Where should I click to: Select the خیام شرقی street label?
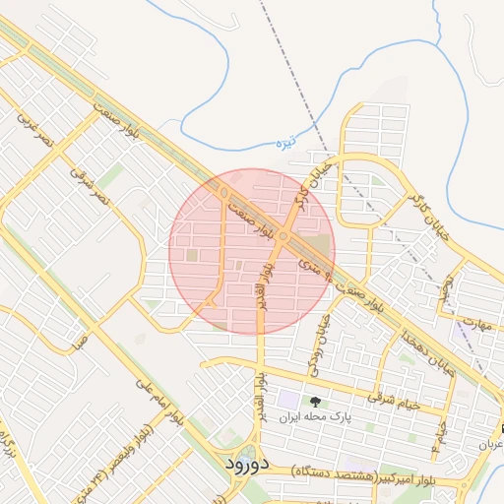click(394, 398)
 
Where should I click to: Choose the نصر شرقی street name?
click(89, 184)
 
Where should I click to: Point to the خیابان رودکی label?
click(317, 341)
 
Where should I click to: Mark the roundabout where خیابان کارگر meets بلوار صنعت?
click(283, 236)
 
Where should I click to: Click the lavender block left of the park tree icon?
click(287, 400)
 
